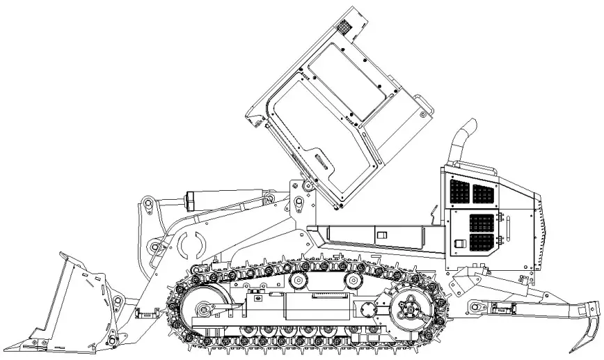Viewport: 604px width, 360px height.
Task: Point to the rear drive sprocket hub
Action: (408, 306)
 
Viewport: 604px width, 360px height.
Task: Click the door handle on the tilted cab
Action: (321, 161)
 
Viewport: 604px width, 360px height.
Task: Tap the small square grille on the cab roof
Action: (344, 28)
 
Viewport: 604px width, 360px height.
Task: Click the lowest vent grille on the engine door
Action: (482, 242)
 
